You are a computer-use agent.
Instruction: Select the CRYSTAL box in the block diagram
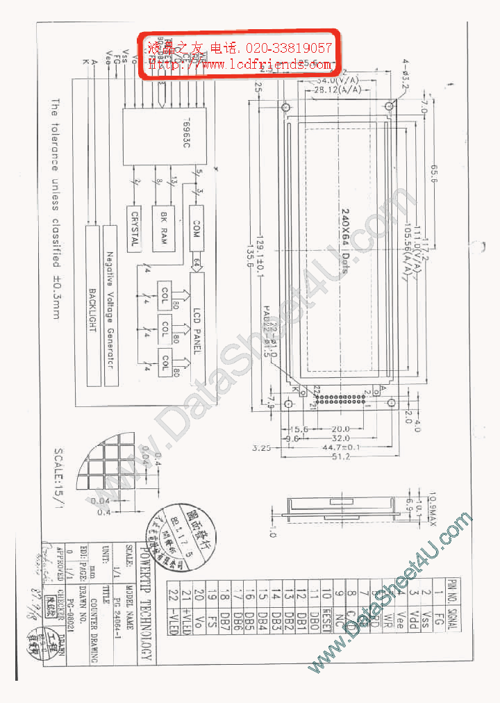(x=134, y=229)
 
